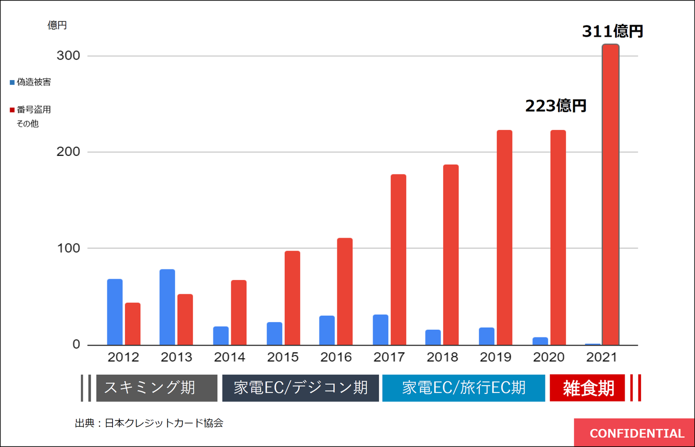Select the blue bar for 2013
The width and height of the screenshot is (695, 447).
coord(167,307)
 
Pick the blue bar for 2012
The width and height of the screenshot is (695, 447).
coord(114,312)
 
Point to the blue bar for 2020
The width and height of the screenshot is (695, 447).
coord(540,341)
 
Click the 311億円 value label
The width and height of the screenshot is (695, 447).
coord(612,31)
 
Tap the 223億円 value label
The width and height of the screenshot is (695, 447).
coord(556,106)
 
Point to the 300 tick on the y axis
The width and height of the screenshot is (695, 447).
coord(68,56)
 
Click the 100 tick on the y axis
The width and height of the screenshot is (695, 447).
coord(68,248)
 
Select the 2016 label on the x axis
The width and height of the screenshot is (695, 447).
coord(336,357)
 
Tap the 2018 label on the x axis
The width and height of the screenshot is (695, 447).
coord(442,357)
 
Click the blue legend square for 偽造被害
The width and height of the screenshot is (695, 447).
coord(12,83)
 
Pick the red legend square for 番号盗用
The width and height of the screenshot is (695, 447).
coord(12,110)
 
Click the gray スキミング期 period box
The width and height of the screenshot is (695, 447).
coord(156,388)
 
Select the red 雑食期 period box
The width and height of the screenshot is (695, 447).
coord(587,388)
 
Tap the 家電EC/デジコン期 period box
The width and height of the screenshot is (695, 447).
coord(300,388)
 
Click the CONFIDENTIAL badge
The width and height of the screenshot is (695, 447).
coord(636,433)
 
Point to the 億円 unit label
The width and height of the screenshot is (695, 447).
coord(57,25)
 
